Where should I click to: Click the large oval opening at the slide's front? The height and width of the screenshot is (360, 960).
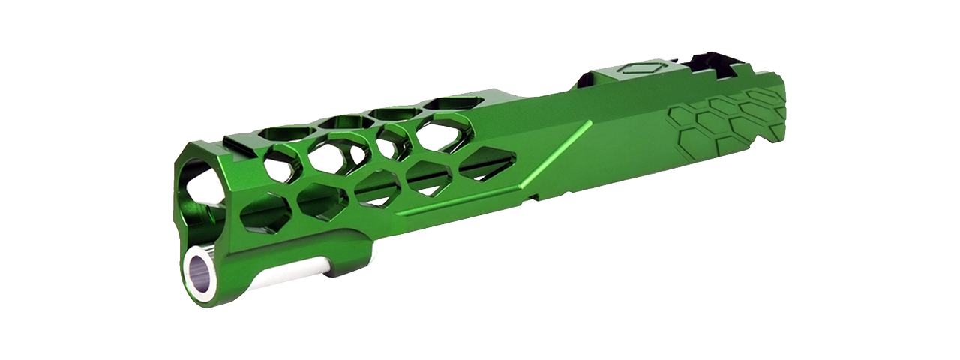(x=196, y=182)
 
